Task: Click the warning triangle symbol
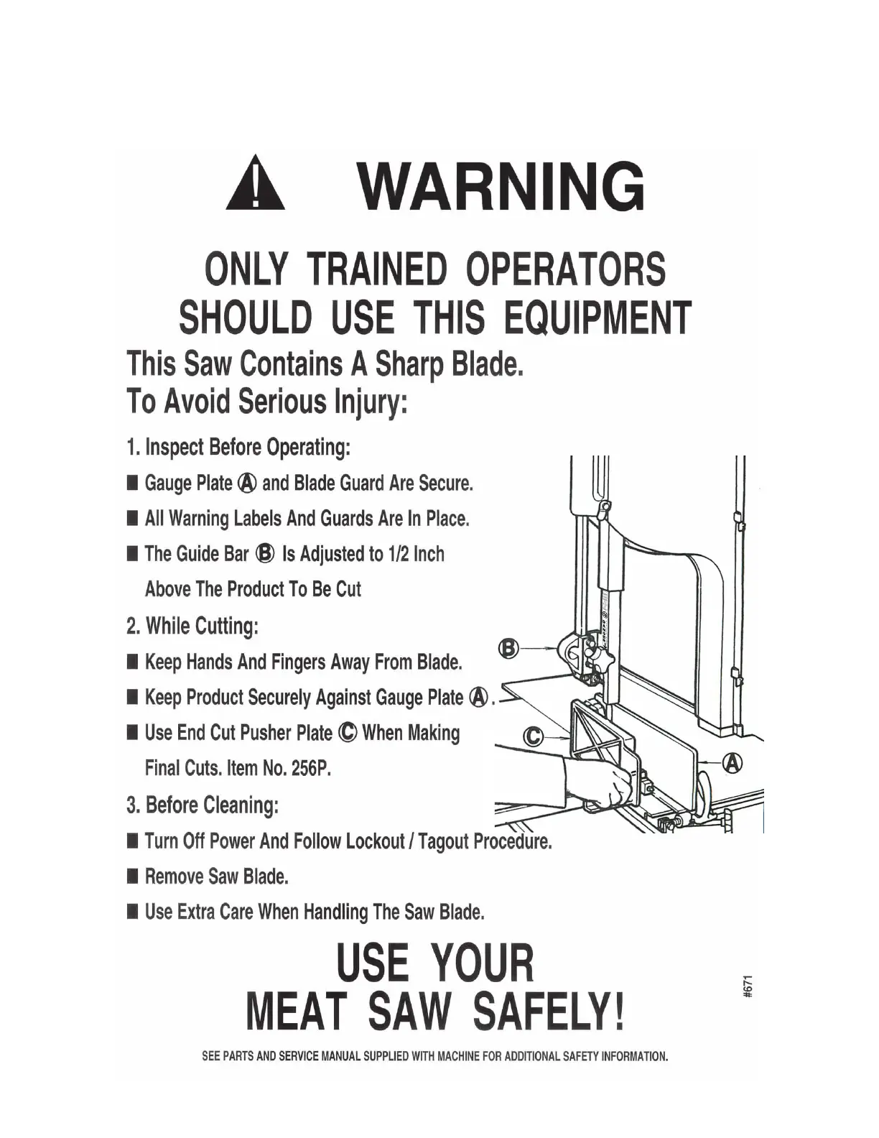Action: point(255,187)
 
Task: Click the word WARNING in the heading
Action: point(503,186)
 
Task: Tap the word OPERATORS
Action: point(565,269)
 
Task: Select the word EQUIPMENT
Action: point(597,318)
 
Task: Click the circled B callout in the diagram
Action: point(508,649)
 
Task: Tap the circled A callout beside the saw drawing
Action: point(732,763)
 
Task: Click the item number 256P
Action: point(311,768)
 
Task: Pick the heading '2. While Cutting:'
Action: point(192,626)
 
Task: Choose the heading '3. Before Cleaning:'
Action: point(203,805)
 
